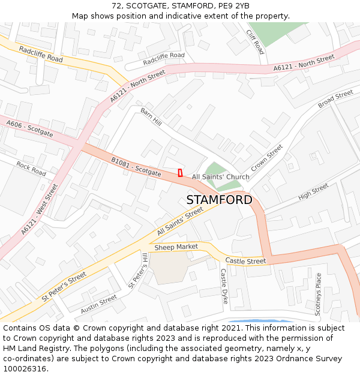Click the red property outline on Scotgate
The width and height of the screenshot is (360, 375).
point(180,173)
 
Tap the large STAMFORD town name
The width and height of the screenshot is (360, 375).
point(219,200)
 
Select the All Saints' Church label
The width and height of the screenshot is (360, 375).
point(220,177)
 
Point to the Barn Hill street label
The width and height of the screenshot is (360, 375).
point(151,117)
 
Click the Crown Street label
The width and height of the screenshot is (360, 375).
point(266,158)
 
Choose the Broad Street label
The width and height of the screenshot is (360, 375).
point(335,99)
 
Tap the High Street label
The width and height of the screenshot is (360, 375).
point(313,192)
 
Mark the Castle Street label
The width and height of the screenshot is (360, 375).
point(245,261)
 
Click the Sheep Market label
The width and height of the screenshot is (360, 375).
point(176,247)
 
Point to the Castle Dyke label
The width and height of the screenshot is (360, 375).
point(224,286)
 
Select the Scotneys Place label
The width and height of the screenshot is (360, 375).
point(319,294)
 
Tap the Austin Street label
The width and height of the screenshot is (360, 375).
point(99,304)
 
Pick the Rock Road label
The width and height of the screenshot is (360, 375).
point(31,169)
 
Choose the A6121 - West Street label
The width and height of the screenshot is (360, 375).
point(39,209)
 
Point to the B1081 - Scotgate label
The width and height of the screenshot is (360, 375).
point(136,167)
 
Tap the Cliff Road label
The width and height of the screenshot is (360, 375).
point(254,42)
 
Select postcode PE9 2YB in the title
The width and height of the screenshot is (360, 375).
point(233,6)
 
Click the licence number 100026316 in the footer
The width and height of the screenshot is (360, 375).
point(25,368)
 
